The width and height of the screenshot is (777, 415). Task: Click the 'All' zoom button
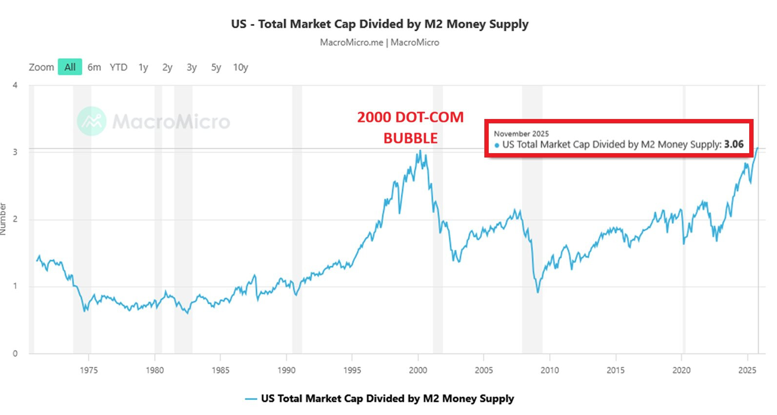pyautogui.click(x=70, y=67)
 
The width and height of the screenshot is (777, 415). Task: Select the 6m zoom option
pyautogui.click(x=94, y=67)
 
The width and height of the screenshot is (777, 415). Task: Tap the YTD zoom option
pyautogui.click(x=118, y=67)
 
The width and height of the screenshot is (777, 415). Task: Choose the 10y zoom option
pyautogui.click(x=240, y=67)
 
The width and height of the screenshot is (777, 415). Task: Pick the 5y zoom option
pyautogui.click(x=216, y=67)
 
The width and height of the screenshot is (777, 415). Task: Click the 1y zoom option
pyautogui.click(x=143, y=67)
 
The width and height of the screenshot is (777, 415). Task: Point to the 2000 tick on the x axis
pyautogui.click(x=418, y=370)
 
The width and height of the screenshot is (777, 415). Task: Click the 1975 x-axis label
pyautogui.click(x=89, y=370)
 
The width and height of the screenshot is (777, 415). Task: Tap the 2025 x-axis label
pyautogui.click(x=747, y=370)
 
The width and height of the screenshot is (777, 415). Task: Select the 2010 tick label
pyautogui.click(x=550, y=370)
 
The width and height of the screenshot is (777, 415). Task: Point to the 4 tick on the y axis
pyautogui.click(x=15, y=85)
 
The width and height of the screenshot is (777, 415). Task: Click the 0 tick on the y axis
pyautogui.click(x=15, y=354)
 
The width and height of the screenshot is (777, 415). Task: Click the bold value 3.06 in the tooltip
pyautogui.click(x=734, y=144)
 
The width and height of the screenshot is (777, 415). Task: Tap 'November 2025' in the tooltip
pyautogui.click(x=521, y=134)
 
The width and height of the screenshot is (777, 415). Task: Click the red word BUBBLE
pyautogui.click(x=410, y=138)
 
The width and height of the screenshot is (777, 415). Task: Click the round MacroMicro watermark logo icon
pyautogui.click(x=92, y=121)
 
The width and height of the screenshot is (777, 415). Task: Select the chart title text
pyautogui.click(x=379, y=24)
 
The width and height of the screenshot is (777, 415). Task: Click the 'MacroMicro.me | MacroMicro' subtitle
pyautogui.click(x=379, y=42)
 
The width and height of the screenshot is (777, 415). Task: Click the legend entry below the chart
pyautogui.click(x=379, y=398)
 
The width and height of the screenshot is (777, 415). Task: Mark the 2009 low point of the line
pyautogui.click(x=538, y=292)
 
